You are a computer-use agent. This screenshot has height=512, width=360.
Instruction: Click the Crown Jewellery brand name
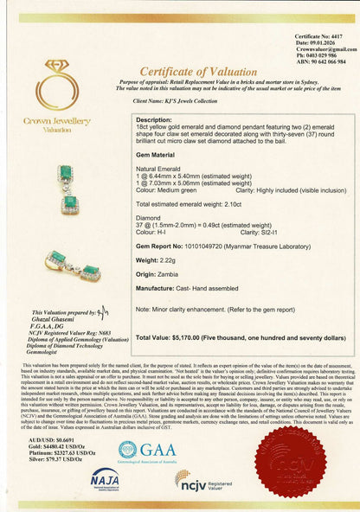(57, 121)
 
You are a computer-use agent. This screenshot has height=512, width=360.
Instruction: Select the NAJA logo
(104, 479)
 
